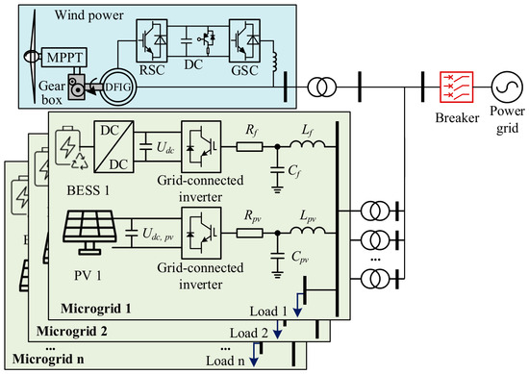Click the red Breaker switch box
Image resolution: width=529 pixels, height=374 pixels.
[456, 87]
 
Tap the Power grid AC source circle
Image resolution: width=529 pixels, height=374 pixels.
[507, 87]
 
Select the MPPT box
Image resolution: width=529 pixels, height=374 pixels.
[64, 58]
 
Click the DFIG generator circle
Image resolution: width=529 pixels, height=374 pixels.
[118, 87]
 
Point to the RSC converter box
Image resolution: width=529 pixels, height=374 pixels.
[151, 40]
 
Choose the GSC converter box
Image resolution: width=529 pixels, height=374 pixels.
[244, 40]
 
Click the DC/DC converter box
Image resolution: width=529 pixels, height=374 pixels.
[113, 147]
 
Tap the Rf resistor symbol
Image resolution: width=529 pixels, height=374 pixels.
[250, 147]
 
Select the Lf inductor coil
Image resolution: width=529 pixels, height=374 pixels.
[307, 144]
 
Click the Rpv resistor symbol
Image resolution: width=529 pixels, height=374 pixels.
[250, 233]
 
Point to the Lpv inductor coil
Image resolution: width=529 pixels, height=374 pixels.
[307, 231]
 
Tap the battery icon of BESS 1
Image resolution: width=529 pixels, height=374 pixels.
[68, 146]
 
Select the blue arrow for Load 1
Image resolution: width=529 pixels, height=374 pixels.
[297, 305]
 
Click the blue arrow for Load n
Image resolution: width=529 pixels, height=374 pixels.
[254, 355]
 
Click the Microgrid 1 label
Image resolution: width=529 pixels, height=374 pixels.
[96, 309]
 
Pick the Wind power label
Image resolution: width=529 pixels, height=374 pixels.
[89, 14]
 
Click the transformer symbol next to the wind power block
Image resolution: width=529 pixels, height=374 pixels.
[321, 87]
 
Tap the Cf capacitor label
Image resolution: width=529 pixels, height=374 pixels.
[294, 171]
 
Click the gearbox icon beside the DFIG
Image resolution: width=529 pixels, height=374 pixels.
[77, 87]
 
